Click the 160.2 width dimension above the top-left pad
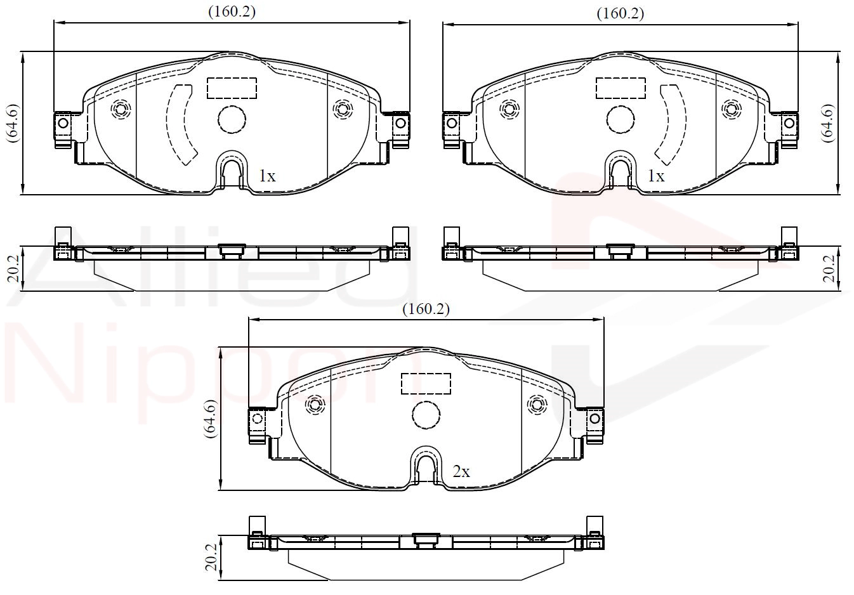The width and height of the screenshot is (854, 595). pyautogui.click(x=232, y=12)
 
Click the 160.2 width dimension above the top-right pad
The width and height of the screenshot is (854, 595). pyautogui.click(x=621, y=14)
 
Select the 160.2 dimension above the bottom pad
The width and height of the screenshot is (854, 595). pyautogui.click(x=426, y=309)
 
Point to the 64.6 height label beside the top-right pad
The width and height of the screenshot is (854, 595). pyautogui.click(x=828, y=123)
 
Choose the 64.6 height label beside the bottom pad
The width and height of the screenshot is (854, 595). pyautogui.click(x=211, y=419)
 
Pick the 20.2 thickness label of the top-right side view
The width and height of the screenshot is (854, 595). pyautogui.click(x=829, y=269)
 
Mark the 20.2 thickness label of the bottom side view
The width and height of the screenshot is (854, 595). pyautogui.click(x=211, y=558)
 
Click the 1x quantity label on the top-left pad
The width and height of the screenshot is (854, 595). pyautogui.click(x=267, y=176)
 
